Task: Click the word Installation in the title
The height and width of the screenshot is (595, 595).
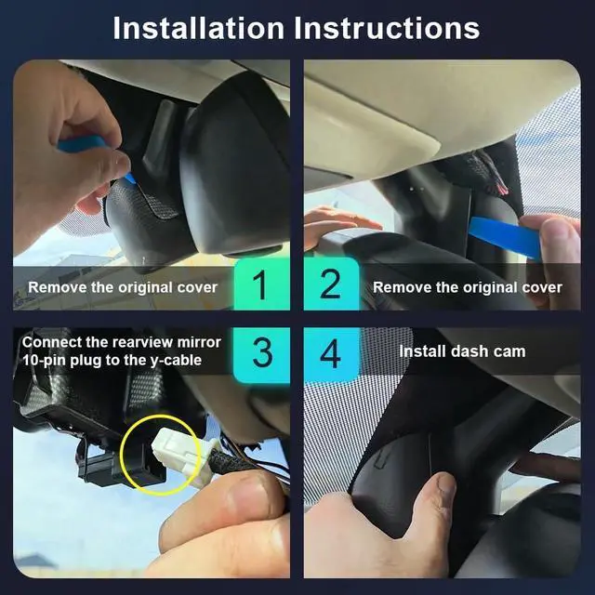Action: (198, 29)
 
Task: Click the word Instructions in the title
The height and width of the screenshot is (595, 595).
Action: (387, 29)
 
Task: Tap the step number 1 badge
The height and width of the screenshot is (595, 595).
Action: (261, 284)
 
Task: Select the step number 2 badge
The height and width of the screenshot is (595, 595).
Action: (331, 284)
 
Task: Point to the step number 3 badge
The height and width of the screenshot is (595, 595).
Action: (262, 353)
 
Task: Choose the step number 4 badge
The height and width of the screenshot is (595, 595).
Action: (331, 353)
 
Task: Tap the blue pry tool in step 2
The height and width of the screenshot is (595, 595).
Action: (505, 237)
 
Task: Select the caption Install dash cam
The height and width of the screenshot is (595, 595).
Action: (462, 351)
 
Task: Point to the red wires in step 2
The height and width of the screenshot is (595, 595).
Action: (501, 186)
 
